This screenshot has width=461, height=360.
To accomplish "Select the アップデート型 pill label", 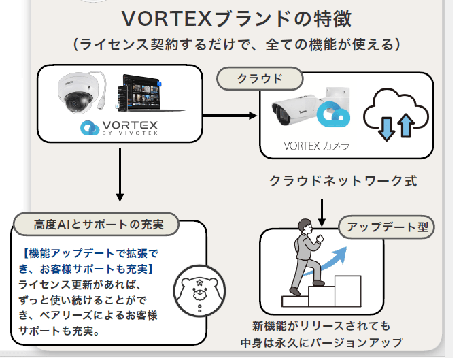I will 387,227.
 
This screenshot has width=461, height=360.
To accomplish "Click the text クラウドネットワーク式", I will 343,181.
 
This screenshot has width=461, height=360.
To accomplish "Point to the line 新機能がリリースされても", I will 321,326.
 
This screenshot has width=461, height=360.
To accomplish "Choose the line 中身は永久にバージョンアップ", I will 322,342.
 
